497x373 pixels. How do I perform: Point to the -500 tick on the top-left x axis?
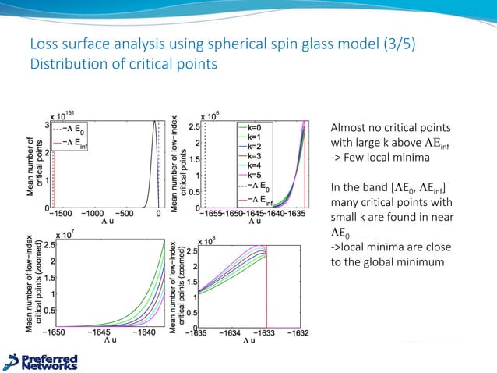point(125,213)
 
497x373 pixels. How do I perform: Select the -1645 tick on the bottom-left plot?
point(101,332)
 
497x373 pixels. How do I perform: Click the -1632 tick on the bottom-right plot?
point(300,332)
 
